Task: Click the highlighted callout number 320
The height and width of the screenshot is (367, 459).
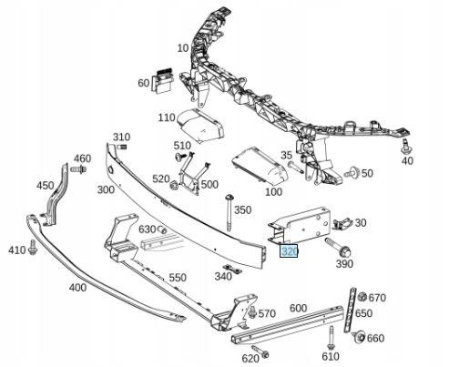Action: (290, 250)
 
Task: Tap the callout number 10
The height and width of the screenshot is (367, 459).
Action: (183, 47)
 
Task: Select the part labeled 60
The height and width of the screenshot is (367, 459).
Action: (165, 80)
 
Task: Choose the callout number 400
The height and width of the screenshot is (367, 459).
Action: (77, 287)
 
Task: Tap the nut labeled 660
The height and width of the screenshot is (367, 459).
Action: (358, 339)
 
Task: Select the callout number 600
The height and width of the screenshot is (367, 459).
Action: (298, 308)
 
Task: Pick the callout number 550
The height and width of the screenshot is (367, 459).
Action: (177, 278)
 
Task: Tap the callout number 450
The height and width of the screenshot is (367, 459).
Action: (45, 186)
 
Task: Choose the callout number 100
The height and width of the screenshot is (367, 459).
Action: (272, 192)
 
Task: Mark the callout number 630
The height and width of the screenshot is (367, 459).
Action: (148, 229)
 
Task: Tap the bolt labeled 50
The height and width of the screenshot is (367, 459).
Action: (352, 171)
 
